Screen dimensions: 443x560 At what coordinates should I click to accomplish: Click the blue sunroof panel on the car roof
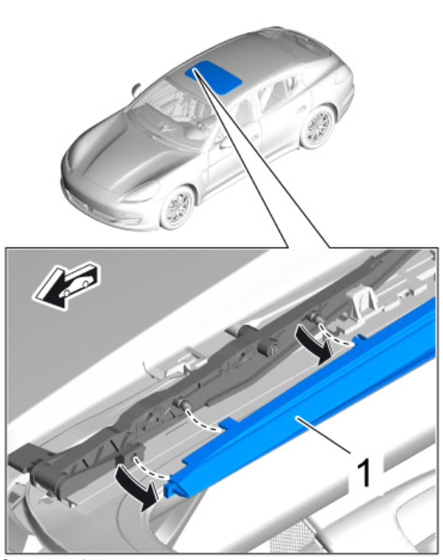214,77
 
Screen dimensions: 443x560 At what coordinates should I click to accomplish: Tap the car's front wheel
177,208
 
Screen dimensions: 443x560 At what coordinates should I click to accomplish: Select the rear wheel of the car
318,127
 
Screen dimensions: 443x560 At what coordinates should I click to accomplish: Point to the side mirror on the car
136,89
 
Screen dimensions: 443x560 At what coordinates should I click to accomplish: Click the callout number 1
364,473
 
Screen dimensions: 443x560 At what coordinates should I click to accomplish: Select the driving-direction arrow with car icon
67,285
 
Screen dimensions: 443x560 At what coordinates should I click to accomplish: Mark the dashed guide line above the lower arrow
150,470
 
